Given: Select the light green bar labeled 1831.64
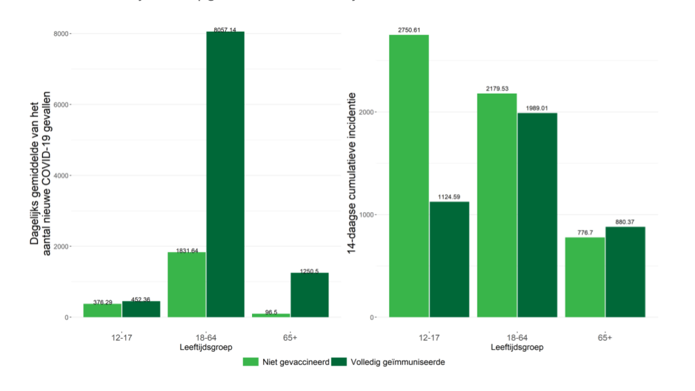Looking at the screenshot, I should click(x=187, y=284).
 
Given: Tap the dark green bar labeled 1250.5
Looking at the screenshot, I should click(x=309, y=295).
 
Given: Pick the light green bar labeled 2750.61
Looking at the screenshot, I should click(x=408, y=176).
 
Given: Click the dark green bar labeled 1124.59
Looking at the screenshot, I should click(x=449, y=259).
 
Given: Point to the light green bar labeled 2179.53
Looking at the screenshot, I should click(x=497, y=205).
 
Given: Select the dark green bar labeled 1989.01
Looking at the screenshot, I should click(x=537, y=215).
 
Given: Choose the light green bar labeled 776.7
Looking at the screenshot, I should click(x=585, y=277).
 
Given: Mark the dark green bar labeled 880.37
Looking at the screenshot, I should click(x=625, y=272).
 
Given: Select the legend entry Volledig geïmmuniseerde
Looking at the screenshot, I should click(x=392, y=362).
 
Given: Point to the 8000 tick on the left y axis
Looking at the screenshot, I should click(x=61, y=34).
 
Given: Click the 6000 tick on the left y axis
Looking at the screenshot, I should click(x=61, y=105).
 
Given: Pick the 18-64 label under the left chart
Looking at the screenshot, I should click(x=206, y=337).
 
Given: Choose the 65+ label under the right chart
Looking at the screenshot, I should click(x=605, y=337).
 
